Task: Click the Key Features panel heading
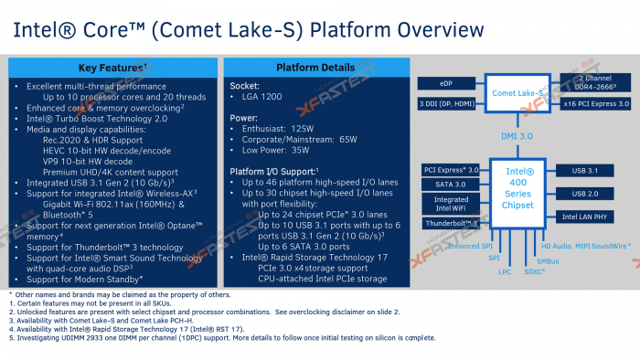coord(112,68)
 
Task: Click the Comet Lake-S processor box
coord(519,93)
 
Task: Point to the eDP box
coord(446,84)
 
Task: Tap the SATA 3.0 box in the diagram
coord(451,184)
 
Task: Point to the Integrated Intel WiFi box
coord(451,204)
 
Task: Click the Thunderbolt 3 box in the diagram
coord(451,223)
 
